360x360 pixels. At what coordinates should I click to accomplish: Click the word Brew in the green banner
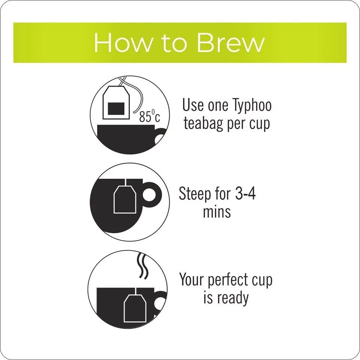[231, 43]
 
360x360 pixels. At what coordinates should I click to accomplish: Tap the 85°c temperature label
[150, 116]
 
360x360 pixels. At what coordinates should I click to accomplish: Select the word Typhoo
[252, 106]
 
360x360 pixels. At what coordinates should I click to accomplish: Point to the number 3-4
[245, 193]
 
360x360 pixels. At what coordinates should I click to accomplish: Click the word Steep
[195, 194]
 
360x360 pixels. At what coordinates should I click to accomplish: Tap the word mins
[217, 211]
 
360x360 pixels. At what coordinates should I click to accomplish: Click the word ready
[233, 298]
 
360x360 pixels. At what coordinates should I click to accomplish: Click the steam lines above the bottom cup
[142, 266]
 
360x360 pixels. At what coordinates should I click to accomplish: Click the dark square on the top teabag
[116, 108]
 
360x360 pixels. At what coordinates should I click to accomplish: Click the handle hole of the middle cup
[149, 195]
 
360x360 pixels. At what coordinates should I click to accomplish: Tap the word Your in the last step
[192, 279]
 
